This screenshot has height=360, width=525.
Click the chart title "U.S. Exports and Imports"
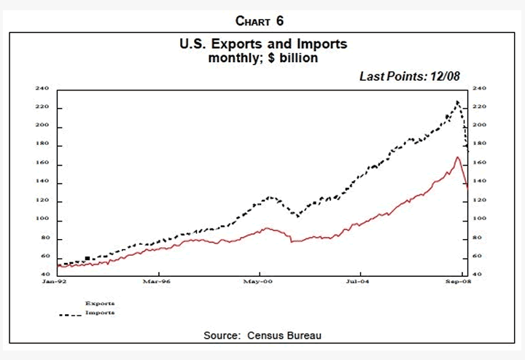coord(263,44)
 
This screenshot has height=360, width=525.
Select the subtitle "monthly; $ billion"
coord(263,58)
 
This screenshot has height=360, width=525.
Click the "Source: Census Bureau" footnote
coord(263,335)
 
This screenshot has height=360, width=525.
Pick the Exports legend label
coord(100,303)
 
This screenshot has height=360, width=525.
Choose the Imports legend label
coord(100,313)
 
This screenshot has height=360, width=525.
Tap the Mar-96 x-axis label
coord(152,281)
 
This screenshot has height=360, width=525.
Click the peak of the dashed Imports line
coord(457,102)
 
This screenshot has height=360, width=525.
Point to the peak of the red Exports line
coord(457,157)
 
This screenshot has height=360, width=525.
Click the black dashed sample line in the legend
coord(70,315)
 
